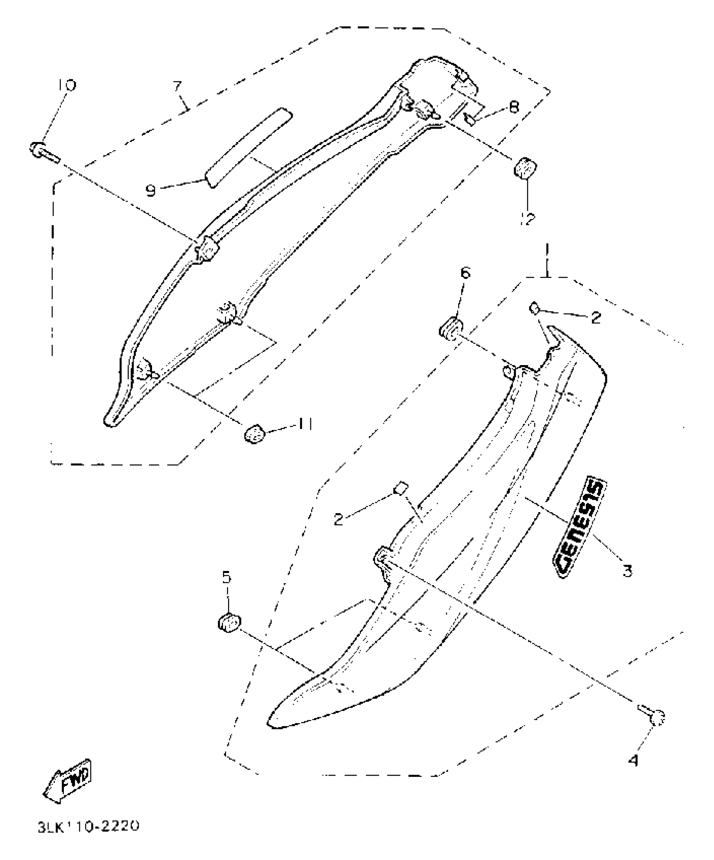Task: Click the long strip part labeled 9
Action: coord(249,147)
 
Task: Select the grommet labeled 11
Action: coord(255,433)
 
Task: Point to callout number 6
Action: coord(465,274)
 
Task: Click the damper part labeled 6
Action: coord(451,328)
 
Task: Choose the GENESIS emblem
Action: coord(580,527)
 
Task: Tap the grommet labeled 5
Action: coord(230,623)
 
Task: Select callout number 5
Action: coord(226,578)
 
